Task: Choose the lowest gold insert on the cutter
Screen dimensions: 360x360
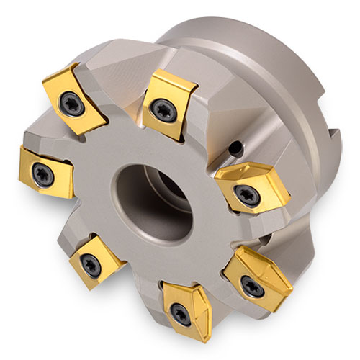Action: coord(189,302)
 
